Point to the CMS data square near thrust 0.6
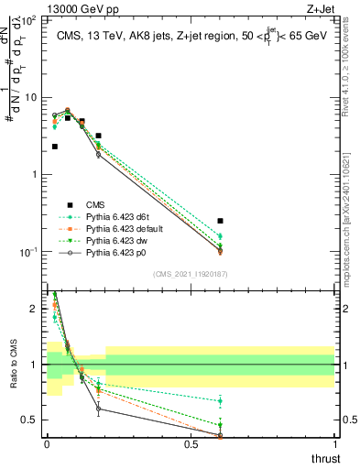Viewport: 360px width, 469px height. coord(220,221)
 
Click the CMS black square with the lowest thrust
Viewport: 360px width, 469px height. coord(55,147)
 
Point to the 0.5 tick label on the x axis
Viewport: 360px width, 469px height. coord(191,444)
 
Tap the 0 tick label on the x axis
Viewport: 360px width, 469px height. coord(47,444)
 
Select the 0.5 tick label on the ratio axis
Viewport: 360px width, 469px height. coord(32,420)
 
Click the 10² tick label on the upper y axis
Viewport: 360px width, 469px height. coord(32,19)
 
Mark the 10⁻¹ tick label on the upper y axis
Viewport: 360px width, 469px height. coord(32,252)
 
